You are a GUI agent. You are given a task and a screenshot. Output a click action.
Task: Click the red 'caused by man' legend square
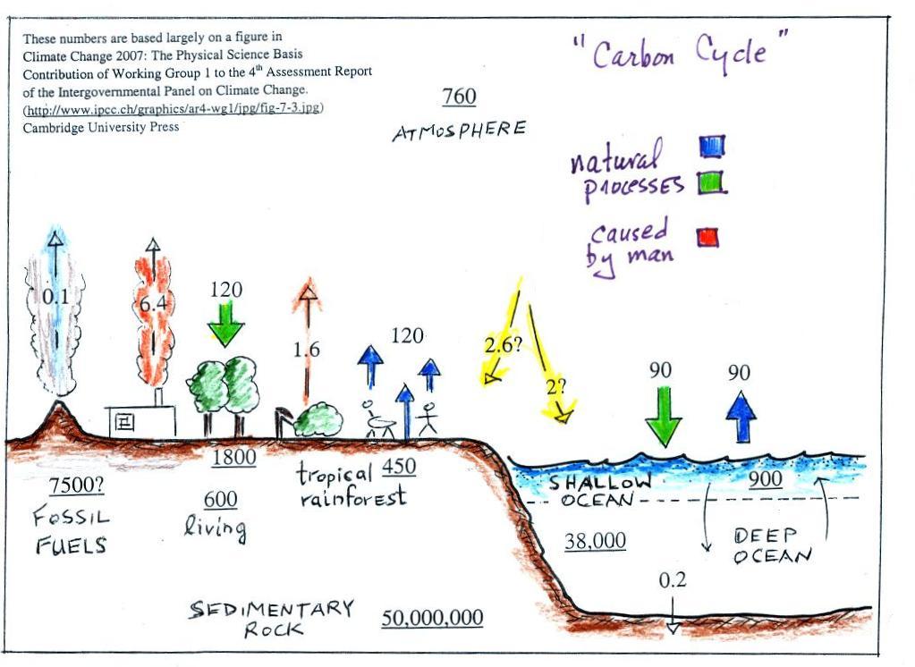707,238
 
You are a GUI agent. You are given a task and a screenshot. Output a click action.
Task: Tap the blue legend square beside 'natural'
712,146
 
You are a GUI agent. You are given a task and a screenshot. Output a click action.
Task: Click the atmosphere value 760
459,97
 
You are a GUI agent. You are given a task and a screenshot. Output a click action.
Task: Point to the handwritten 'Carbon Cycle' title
680,55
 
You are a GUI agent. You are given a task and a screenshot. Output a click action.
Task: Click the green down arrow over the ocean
663,416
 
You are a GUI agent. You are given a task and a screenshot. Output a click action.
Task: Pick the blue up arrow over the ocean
741,417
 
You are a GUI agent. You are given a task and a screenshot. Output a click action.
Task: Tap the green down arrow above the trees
225,324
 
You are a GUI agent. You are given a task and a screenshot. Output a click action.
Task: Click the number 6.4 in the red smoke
153,304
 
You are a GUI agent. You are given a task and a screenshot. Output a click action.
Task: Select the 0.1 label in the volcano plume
55,298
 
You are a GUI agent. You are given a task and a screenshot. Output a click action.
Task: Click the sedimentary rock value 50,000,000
432,618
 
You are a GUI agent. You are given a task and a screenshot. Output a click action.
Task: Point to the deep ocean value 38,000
595,541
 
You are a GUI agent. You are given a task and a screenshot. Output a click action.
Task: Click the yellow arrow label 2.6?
503,346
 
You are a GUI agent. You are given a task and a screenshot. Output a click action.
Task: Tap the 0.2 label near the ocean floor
673,580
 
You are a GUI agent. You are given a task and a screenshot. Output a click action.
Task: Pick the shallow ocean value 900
766,479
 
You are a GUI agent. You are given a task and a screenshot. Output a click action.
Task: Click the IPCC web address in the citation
173,110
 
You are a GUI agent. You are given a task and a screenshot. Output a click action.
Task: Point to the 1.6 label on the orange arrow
307,350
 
